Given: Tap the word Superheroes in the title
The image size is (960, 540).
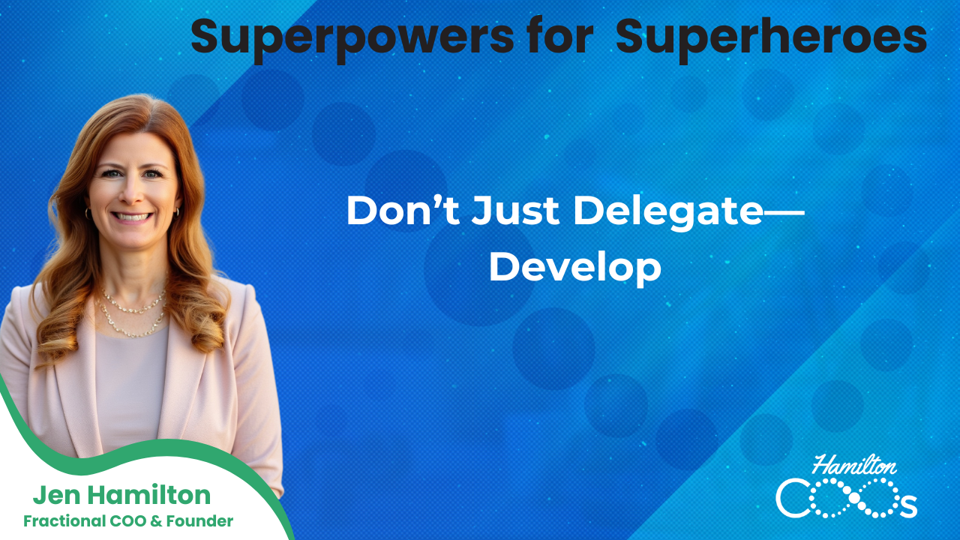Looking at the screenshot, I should click(x=771, y=37).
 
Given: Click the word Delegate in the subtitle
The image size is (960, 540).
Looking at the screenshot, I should click(x=667, y=212).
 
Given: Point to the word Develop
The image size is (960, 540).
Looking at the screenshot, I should click(x=574, y=268).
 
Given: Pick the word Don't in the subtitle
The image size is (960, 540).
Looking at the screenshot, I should click(x=401, y=212).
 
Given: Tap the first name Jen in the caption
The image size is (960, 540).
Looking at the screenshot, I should click(x=55, y=496).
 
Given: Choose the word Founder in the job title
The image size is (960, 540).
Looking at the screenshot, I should click(x=200, y=520).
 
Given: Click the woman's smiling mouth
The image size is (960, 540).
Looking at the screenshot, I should click(x=133, y=217).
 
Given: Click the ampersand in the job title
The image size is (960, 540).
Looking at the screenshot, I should click(x=167, y=520).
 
